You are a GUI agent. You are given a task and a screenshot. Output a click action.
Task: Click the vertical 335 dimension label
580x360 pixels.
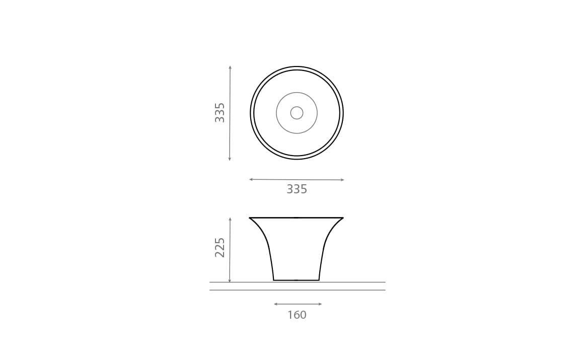pyautogui.click(x=220, y=112)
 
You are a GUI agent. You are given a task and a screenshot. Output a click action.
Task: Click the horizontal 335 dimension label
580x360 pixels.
pyautogui.click(x=297, y=189)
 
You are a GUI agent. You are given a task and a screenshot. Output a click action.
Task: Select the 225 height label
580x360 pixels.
pyautogui.click(x=220, y=248)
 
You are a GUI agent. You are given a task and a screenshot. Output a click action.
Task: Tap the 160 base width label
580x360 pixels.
pyautogui.click(x=297, y=315)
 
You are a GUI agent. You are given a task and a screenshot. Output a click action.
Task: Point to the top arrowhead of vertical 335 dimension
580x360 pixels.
pyautogui.click(x=230, y=67)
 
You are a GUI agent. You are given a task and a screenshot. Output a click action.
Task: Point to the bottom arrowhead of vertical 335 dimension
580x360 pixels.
pyautogui.click(x=230, y=159)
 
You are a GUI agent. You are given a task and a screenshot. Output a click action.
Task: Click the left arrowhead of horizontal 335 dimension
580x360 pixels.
pyautogui.click(x=251, y=179)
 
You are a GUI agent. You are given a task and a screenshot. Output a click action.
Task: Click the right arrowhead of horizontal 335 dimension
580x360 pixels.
pyautogui.click(x=342, y=180)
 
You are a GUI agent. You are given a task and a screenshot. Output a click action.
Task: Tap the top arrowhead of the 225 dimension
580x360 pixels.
pyautogui.click(x=230, y=220)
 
